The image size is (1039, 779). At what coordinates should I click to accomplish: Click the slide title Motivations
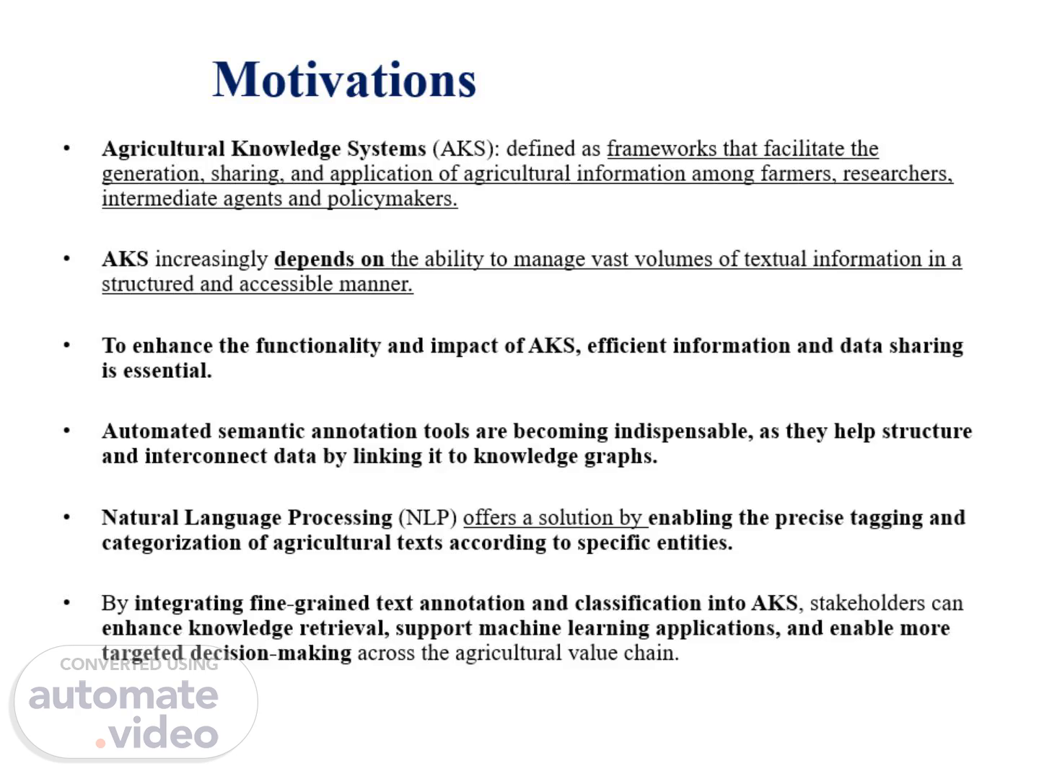pyautogui.click(x=344, y=79)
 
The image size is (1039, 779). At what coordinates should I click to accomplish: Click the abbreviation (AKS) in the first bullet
pyautogui.click(x=466, y=149)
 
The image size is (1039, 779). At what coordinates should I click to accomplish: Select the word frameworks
pyautogui.click(x=662, y=149)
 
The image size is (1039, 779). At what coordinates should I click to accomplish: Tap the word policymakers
pyautogui.click(x=392, y=198)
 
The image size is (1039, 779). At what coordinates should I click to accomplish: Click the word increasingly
pyautogui.click(x=211, y=260)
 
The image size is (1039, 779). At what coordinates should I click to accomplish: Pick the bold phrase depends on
pyautogui.click(x=329, y=260)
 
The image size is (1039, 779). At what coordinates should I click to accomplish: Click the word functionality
pyautogui.click(x=318, y=346)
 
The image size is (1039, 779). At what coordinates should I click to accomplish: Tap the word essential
pyautogui.click(x=167, y=371)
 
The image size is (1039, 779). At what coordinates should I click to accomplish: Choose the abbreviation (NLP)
pyautogui.click(x=428, y=518)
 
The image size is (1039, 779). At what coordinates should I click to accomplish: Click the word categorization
pyautogui.click(x=171, y=543)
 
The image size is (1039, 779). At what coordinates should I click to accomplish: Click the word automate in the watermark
pyautogui.click(x=123, y=696)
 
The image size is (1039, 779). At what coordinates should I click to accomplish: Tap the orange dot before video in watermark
pyautogui.click(x=100, y=744)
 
